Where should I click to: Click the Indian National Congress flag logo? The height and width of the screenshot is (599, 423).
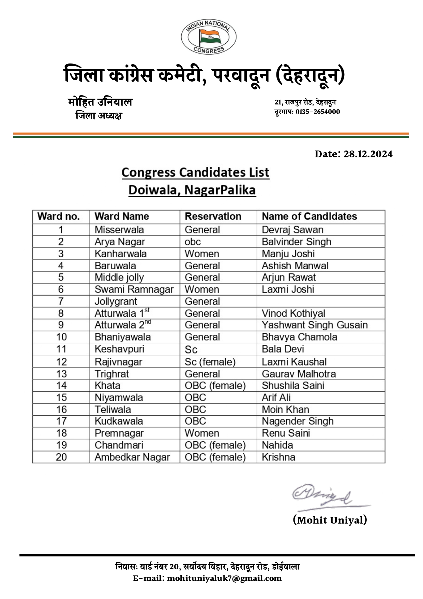pos(208,37)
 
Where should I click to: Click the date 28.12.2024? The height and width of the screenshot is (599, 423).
pos(368,154)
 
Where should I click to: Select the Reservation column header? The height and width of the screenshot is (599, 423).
pos(213,216)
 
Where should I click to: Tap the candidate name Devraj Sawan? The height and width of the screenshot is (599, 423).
pos(292,230)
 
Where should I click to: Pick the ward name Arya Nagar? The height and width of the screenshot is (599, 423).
pos(120,242)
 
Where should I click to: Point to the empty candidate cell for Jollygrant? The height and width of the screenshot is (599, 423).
pos(320,301)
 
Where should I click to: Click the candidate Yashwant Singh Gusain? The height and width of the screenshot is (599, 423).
pos(315,325)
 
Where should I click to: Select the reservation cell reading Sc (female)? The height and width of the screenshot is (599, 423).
pos(210,362)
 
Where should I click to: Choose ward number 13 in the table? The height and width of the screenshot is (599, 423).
pos(61,374)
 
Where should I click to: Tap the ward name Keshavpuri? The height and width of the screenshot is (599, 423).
pos(119,349)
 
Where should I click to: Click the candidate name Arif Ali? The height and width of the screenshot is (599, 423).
pos(276,398)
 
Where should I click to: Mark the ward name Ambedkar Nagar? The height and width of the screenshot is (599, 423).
pos(132,457)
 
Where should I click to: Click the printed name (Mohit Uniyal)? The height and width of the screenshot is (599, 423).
pos(330,520)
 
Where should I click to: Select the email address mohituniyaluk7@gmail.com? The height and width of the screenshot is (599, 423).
pos(224,579)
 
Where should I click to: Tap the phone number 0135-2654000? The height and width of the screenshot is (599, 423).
pos(318,112)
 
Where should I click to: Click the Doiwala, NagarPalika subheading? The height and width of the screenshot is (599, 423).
pos(192,190)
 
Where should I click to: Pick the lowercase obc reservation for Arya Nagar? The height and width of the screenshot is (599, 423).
pos(193,242)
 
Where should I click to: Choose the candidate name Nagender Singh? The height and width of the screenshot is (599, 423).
pos(298,421)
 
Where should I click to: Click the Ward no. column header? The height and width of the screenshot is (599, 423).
pos(58,216)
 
